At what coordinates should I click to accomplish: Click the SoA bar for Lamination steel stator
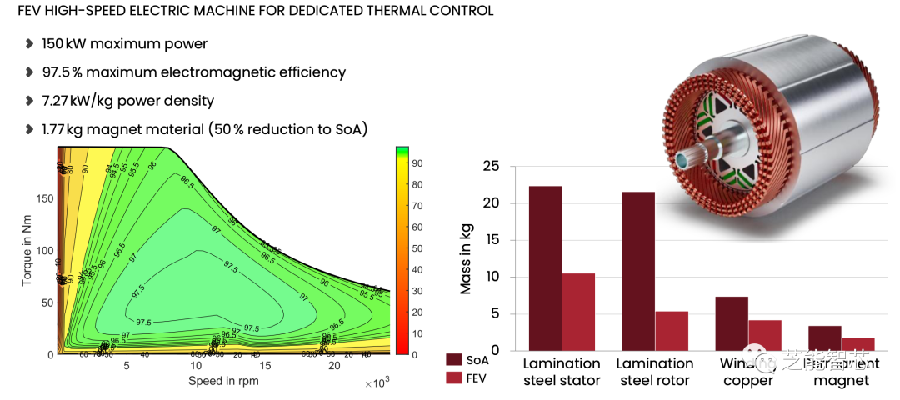point(545,267)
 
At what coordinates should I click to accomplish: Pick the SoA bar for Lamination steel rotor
point(638,271)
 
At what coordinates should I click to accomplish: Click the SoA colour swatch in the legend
point(454,359)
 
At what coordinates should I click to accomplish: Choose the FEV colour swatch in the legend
point(454,378)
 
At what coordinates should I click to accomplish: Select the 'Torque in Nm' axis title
point(27,250)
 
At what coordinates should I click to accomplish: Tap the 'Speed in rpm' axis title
point(222,381)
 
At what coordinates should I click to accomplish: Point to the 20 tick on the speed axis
point(333,366)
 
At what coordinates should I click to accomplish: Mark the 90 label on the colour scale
point(416,162)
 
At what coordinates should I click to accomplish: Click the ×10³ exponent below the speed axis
point(377,383)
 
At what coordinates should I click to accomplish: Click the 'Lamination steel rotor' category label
point(655,372)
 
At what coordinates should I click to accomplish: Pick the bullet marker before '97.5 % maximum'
point(30,72)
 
